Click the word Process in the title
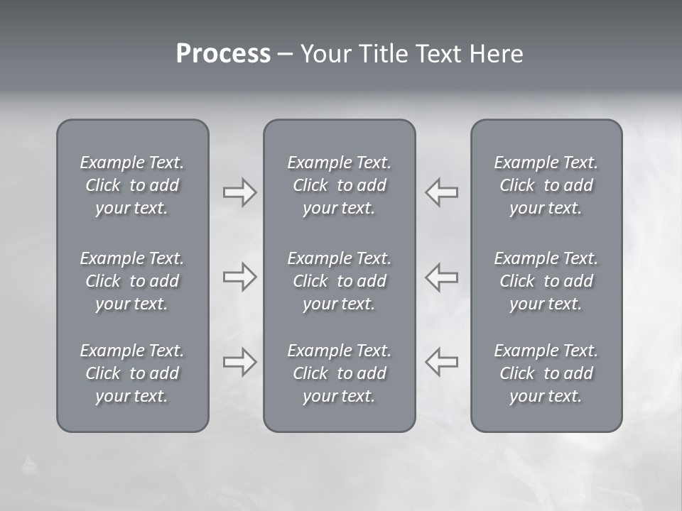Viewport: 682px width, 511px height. pos(223,54)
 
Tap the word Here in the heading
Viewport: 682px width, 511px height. pos(496,54)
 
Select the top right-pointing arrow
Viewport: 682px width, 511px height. pos(239,192)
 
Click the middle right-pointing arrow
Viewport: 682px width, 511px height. pos(239,277)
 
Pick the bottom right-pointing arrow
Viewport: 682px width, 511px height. pos(239,362)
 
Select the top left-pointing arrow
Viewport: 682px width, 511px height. pos(442,192)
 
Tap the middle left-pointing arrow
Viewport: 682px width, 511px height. pos(442,277)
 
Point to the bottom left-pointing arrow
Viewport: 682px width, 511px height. pos(442,362)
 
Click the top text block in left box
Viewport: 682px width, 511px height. pos(132,185)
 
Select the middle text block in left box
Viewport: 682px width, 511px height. pos(132,281)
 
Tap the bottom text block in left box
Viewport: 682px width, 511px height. pos(132,373)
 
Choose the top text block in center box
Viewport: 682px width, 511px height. pos(340,185)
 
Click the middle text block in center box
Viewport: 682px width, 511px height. pos(340,281)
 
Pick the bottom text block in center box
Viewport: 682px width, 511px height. pos(340,373)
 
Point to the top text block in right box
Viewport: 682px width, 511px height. pos(546,185)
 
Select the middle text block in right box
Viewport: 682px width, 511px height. pos(546,281)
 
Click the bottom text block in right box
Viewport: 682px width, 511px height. pos(546,373)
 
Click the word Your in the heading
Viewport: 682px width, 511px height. pos(326,54)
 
